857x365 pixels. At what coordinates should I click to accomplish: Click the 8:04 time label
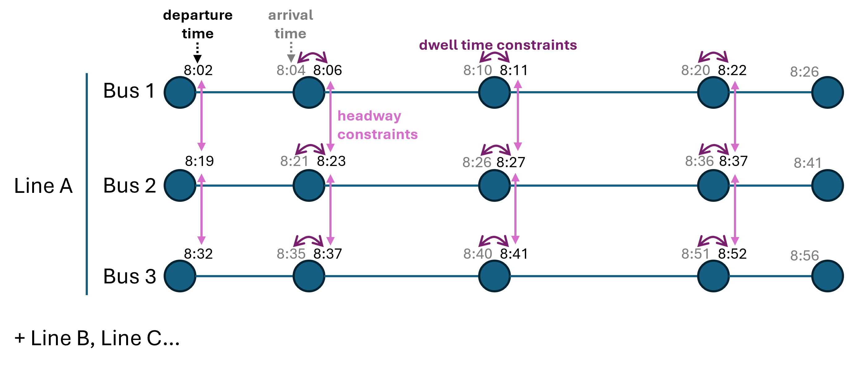[291, 70]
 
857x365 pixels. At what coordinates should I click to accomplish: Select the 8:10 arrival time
[478, 70]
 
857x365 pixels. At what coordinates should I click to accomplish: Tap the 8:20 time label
[695, 70]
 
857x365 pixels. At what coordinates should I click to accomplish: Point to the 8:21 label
[294, 161]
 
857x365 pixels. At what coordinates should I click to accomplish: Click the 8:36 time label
[699, 161]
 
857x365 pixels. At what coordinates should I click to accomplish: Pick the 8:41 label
[808, 163]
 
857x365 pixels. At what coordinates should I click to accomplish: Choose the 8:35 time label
[291, 254]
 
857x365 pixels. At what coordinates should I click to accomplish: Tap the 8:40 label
[478, 254]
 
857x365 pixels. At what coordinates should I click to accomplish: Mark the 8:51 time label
[695, 254]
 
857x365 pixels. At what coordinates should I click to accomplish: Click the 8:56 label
[804, 256]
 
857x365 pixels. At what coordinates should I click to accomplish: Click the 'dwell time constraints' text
[498, 45]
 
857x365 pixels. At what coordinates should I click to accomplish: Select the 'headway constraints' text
[377, 125]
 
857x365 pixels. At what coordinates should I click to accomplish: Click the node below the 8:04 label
[309, 92]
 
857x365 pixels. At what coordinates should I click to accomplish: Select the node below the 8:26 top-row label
[827, 92]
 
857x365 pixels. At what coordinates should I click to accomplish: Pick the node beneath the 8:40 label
[494, 276]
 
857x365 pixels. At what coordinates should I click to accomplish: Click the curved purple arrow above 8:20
[713, 57]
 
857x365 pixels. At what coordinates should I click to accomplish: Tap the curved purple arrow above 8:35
[308, 240]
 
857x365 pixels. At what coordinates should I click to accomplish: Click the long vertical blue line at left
[87, 184]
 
